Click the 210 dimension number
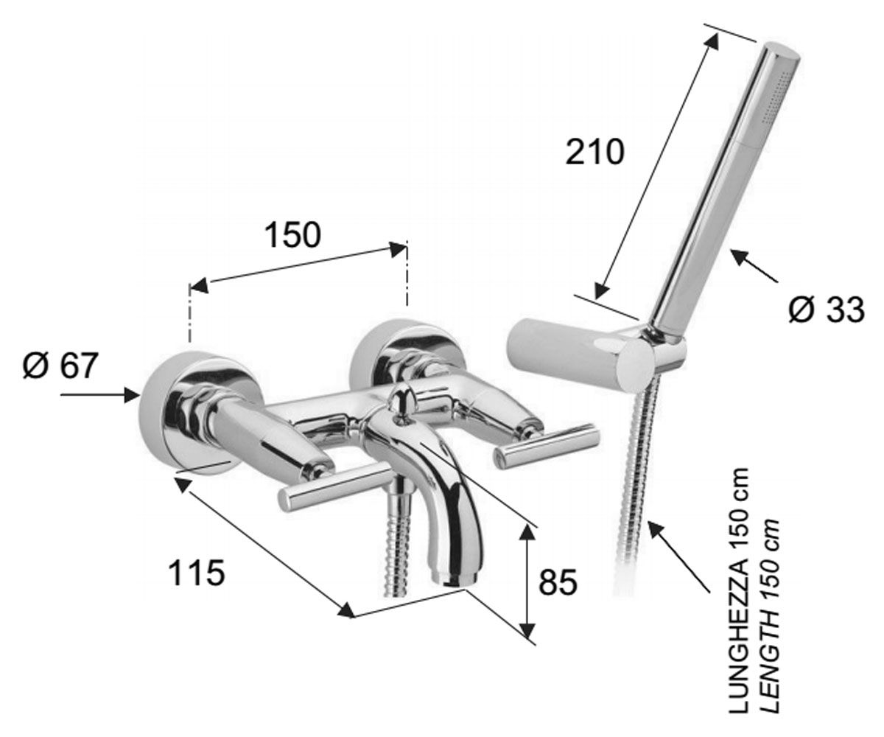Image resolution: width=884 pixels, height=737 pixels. (594, 153)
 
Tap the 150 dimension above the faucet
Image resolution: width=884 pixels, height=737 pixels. (293, 235)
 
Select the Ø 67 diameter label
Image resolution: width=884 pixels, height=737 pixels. (60, 366)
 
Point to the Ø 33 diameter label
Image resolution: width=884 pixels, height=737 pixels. (827, 310)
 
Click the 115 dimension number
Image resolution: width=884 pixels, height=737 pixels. (197, 573)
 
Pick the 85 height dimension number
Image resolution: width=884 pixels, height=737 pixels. (558, 581)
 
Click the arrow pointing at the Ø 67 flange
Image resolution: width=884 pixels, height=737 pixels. (100, 395)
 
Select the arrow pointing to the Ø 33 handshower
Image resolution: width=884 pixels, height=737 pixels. (754, 265)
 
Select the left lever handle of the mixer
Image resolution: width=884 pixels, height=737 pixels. (334, 486)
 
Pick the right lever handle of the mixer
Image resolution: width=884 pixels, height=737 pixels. (547, 444)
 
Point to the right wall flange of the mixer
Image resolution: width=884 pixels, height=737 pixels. (407, 356)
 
